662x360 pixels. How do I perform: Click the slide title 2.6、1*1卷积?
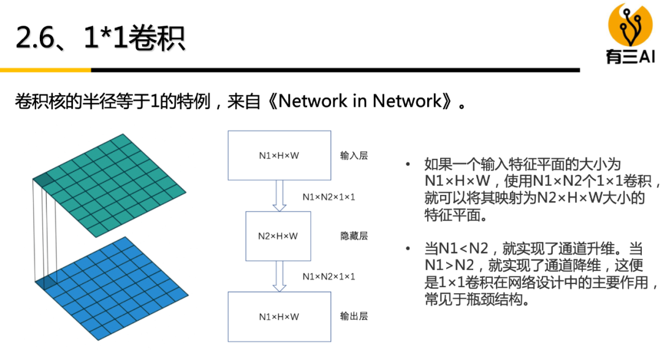pyautogui.click(x=101, y=37)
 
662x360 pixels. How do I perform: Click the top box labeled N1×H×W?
pyautogui.click(x=279, y=155)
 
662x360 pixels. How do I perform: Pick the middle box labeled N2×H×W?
pyautogui.click(x=278, y=236)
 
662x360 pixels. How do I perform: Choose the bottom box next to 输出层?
pyautogui.click(x=279, y=316)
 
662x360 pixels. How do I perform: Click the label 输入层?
pyautogui.click(x=354, y=156)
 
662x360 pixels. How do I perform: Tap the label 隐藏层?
pyautogui.click(x=354, y=236)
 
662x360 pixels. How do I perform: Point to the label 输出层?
pyautogui.click(x=354, y=316)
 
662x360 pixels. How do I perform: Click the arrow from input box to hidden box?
pyautogui.click(x=280, y=196)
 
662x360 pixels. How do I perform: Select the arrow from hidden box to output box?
pyautogui.click(x=280, y=276)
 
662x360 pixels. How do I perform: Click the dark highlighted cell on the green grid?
pyautogui.click(x=43, y=178)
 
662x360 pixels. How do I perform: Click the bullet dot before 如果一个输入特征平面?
pyautogui.click(x=408, y=164)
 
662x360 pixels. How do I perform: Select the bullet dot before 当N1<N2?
pyautogui.click(x=408, y=249)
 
